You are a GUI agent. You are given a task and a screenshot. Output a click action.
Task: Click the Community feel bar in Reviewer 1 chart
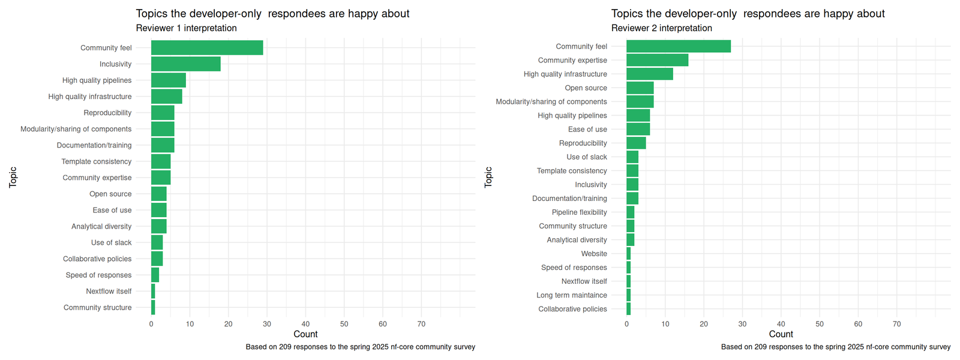[x=207, y=48]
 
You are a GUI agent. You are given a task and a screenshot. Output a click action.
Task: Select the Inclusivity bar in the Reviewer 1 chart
[x=185, y=64]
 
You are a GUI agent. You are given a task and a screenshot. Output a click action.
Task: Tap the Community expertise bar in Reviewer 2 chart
[x=657, y=60]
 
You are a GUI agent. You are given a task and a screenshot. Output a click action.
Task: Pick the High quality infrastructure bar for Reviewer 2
[x=649, y=74]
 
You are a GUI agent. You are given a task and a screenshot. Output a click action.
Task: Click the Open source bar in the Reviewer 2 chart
[x=640, y=88]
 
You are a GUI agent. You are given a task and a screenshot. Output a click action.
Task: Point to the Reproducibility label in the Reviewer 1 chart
[x=107, y=113]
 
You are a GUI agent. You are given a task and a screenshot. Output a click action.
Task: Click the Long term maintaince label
[x=571, y=295]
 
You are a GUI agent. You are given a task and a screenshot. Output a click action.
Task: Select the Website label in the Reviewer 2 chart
[x=593, y=254]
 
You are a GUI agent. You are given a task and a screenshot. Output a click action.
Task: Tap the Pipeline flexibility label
[x=579, y=212]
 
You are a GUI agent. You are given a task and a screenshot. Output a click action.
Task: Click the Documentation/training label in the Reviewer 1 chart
[x=94, y=145]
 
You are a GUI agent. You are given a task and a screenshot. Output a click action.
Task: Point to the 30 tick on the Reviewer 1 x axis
[x=267, y=324]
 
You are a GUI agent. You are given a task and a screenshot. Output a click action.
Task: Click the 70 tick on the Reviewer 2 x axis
[x=896, y=324]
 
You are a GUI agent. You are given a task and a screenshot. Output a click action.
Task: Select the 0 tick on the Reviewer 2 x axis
[x=626, y=324]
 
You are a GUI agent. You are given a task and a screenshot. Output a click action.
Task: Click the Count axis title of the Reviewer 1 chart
[x=305, y=334]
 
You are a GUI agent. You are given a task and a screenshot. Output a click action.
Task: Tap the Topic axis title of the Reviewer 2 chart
[x=488, y=177]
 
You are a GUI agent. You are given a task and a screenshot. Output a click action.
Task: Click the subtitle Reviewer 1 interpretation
[x=186, y=28]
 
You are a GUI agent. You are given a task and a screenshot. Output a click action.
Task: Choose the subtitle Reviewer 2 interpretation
[x=661, y=28]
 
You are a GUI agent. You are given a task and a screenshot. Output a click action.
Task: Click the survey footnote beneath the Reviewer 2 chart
[x=835, y=347]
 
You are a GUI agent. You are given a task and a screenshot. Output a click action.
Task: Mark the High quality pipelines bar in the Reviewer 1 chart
[x=168, y=80]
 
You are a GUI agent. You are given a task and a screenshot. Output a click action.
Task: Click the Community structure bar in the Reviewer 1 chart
[x=153, y=307]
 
